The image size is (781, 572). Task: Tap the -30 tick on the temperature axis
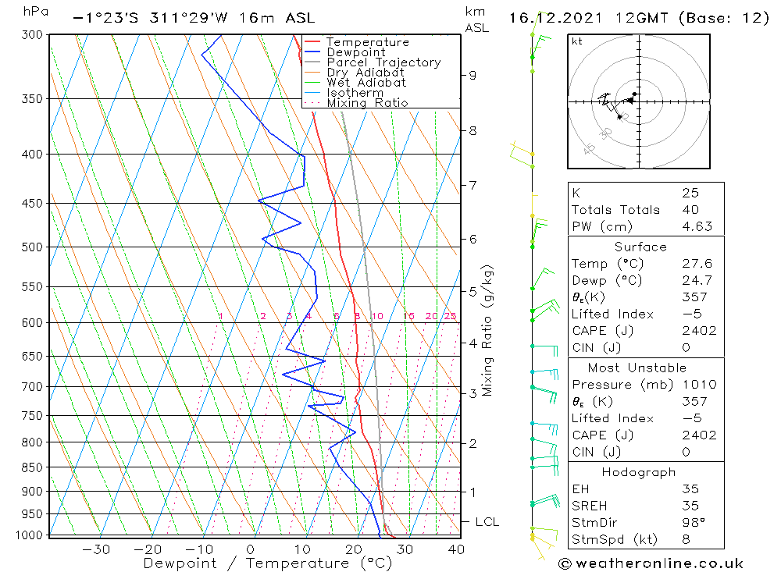point(95,549)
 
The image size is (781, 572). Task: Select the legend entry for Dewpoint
point(356,52)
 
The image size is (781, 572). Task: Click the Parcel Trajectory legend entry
point(383,62)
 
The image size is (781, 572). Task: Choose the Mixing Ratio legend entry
point(367,103)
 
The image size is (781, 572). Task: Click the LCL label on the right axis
point(487,522)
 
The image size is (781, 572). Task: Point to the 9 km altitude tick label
point(473,75)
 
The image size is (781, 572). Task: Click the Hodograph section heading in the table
point(639,472)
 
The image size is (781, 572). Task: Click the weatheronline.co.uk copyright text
point(651,563)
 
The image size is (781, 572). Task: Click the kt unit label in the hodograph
point(577,41)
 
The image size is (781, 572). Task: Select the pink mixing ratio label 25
point(450,316)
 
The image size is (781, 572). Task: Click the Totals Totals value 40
point(690,209)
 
